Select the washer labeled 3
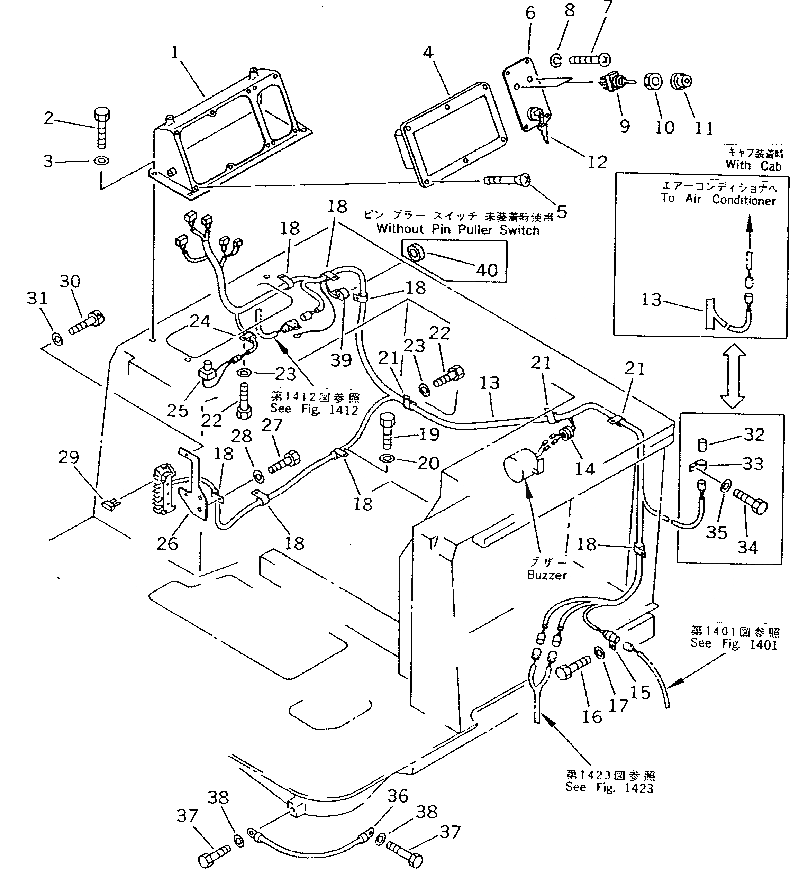(101, 161)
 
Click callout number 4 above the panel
(428, 52)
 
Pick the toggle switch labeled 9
(616, 81)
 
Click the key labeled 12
(543, 130)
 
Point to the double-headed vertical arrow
(732, 376)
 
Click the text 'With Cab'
(753, 165)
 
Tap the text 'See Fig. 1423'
(609, 787)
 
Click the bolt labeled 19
(387, 431)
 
